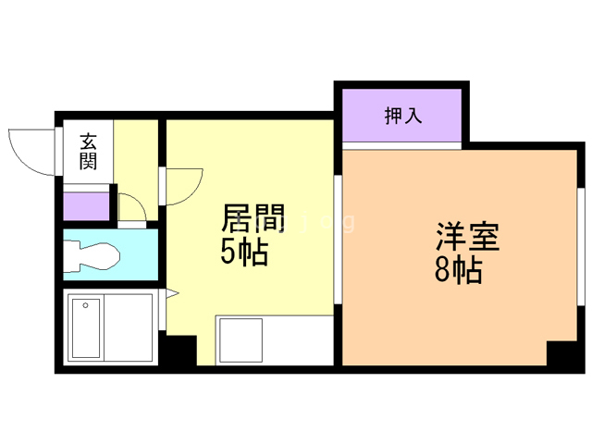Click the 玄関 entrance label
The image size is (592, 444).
click(89, 152)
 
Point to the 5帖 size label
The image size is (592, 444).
click(244, 251)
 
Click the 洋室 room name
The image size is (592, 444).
click(468, 239)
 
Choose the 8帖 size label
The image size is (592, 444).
click(458, 272)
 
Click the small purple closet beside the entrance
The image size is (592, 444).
click(86, 204)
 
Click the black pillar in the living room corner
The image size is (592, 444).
click(180, 351)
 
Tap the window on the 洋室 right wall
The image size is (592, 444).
click(582, 245)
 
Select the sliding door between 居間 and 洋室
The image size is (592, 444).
click(338, 237)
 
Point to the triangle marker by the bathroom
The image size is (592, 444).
click(172, 295)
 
